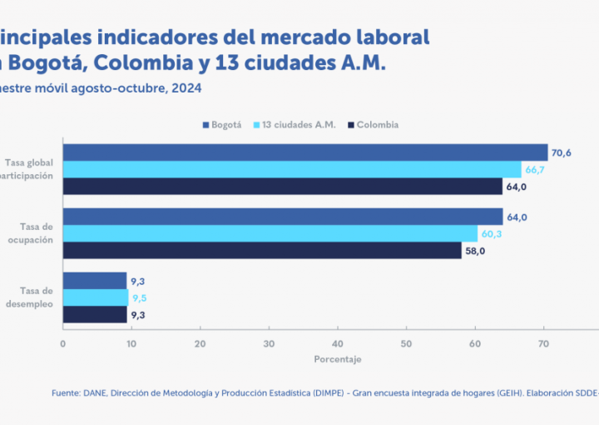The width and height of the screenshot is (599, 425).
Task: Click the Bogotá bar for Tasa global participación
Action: tap(305, 152)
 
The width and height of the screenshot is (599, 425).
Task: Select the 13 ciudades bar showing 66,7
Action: tap(292, 169)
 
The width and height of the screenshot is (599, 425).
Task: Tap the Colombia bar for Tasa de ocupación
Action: tap(262, 250)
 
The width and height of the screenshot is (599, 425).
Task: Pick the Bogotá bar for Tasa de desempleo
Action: tap(95, 281)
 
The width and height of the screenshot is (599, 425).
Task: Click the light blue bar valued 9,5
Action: tap(96, 297)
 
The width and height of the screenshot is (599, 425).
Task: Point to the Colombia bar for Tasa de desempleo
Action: tap(95, 314)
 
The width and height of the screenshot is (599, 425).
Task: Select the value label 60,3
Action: tap(493, 233)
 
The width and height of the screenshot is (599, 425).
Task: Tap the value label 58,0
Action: tap(475, 250)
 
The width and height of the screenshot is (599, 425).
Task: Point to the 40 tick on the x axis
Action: tap(337, 342)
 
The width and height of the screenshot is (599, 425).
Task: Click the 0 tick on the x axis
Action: tap(63, 342)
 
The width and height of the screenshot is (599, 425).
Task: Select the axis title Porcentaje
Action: tap(338, 359)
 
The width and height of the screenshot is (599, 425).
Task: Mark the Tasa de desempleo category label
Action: tap(35, 297)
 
